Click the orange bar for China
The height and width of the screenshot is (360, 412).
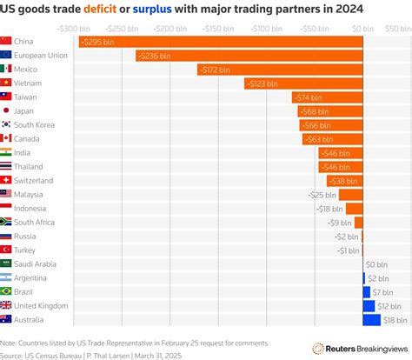pos(217,42)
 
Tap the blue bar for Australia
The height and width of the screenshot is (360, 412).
pos(371,320)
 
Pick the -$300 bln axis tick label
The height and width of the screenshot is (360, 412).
pos(73,28)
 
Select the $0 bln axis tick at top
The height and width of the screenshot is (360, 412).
pos(362,28)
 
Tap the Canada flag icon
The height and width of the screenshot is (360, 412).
pos(7,138)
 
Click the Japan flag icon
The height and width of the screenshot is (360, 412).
pos(7,110)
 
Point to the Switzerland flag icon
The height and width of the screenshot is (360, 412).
pos(7,180)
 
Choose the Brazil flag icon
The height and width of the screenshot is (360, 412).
pos(7,291)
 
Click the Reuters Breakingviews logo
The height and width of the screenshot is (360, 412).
pos(356,348)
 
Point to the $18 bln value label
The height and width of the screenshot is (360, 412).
pos(393,320)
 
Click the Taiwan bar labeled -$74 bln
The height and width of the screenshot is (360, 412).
pos(327,97)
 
